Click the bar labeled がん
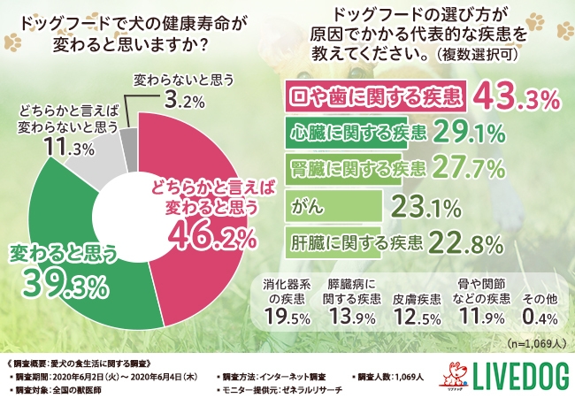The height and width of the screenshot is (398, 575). point(336,207)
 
